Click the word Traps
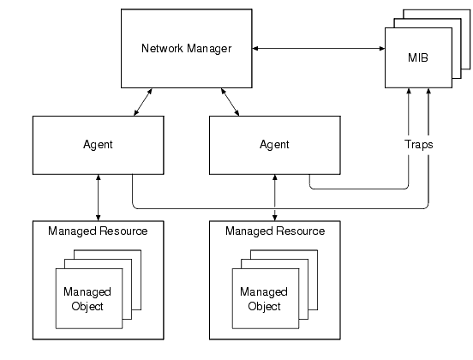[418, 144]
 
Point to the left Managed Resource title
[98, 231]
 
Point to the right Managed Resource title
[274, 231]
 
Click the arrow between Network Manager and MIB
[318, 48]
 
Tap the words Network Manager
[186, 48]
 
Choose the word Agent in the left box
[99, 144]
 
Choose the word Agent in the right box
[274, 144]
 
